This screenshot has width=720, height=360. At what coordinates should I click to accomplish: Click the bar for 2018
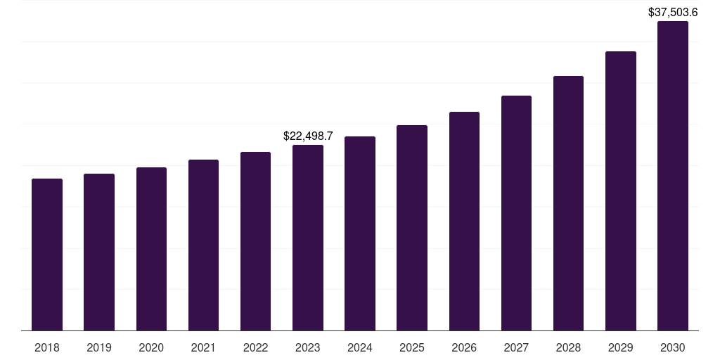click(x=47, y=255)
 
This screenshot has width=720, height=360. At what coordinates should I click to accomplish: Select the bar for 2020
click(x=151, y=249)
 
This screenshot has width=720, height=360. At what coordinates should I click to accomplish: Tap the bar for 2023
click(x=308, y=238)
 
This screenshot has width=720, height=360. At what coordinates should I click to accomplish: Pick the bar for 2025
click(x=412, y=228)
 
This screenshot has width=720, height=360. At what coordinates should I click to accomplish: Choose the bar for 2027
click(x=516, y=213)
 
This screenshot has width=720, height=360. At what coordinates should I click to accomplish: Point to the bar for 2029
click(x=621, y=191)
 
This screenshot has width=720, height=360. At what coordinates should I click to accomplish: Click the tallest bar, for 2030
click(x=673, y=176)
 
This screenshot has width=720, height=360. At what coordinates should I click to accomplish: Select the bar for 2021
click(x=203, y=245)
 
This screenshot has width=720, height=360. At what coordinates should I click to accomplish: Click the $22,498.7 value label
click(x=308, y=136)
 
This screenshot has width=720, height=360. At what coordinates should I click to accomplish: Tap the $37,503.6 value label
click(x=673, y=12)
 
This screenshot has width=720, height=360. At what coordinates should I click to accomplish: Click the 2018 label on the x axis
click(x=47, y=347)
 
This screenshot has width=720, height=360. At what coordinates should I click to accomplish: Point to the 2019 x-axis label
click(x=99, y=347)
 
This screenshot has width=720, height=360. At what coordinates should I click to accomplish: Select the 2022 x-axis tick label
click(x=255, y=347)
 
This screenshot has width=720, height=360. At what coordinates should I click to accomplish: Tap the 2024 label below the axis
click(x=360, y=347)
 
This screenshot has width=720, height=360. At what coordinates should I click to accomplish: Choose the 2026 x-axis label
click(x=464, y=347)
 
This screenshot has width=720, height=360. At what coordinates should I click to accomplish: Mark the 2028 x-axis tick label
click(x=568, y=347)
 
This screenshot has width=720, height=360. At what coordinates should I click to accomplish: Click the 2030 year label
click(x=673, y=347)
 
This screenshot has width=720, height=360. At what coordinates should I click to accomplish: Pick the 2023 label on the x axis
click(x=308, y=347)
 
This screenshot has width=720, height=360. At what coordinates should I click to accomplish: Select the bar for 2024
click(x=360, y=233)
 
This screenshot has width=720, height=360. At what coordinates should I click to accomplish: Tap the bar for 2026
click(x=464, y=221)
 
